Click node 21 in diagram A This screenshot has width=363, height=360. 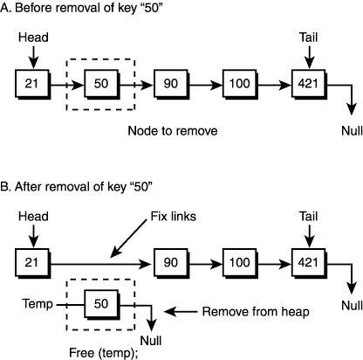tap(30, 86)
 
